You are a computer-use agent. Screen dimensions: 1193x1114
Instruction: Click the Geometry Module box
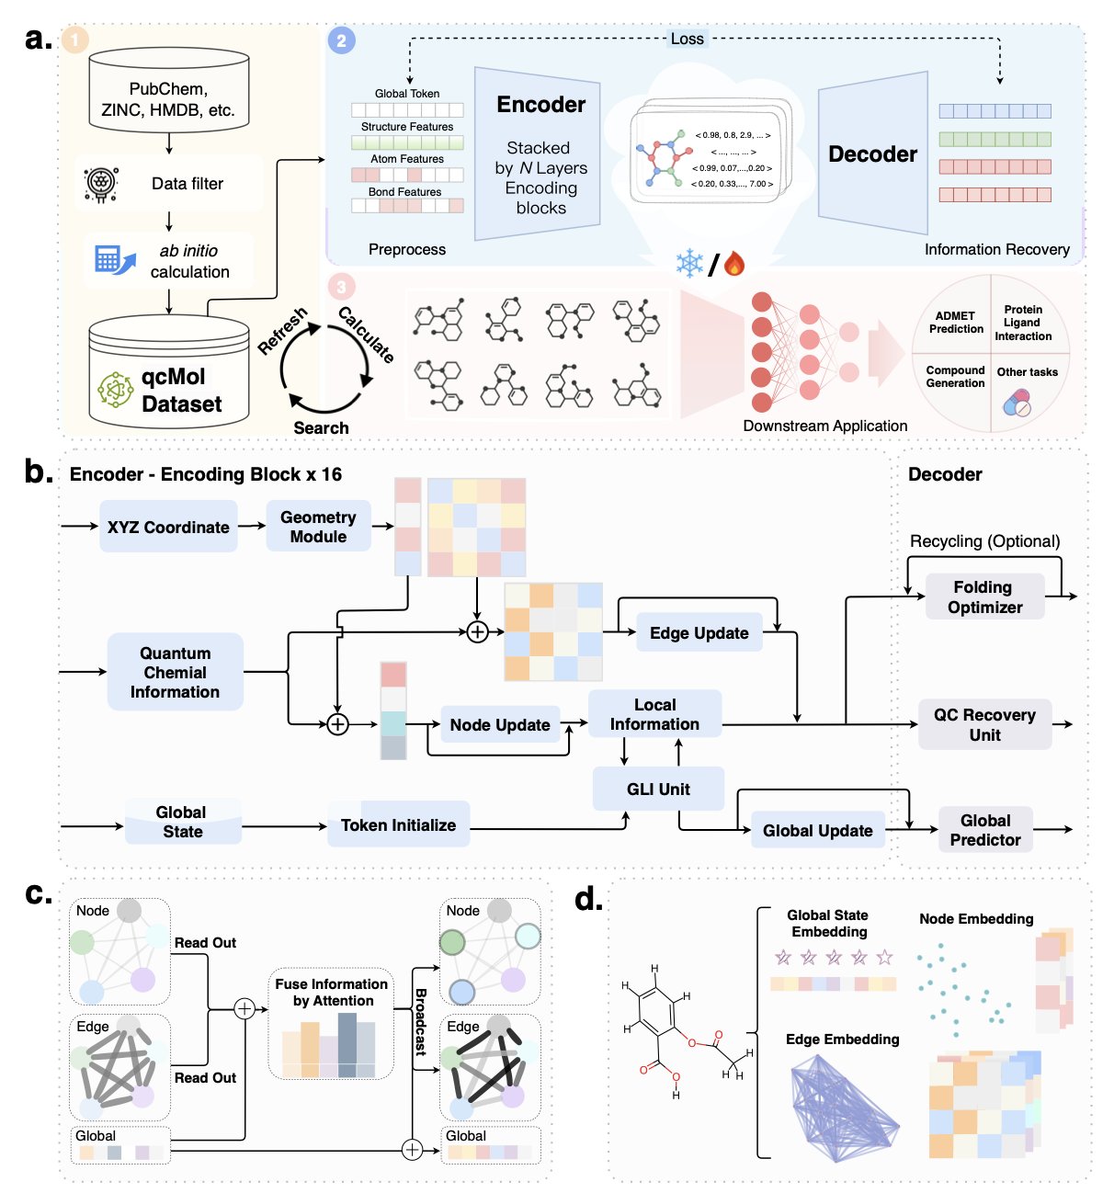tap(318, 527)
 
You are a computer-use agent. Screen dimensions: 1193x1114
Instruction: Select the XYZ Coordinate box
tap(168, 527)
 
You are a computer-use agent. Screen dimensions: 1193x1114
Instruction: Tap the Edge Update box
tap(699, 632)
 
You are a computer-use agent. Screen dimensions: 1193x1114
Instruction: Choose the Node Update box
tap(499, 725)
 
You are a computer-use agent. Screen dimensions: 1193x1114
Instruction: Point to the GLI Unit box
tap(658, 789)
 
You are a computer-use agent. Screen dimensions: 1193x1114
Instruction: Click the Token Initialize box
tap(398, 824)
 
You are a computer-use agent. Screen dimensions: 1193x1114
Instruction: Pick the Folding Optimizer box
tap(984, 596)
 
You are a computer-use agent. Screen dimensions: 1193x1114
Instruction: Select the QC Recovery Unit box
tap(984, 724)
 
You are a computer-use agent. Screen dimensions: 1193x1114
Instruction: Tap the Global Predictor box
tap(984, 830)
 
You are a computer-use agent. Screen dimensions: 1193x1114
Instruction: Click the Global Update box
tap(817, 830)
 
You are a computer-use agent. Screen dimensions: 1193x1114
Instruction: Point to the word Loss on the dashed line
tap(687, 39)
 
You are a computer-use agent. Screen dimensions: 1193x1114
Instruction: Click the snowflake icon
tap(689, 264)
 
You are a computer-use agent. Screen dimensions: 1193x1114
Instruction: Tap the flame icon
tap(733, 264)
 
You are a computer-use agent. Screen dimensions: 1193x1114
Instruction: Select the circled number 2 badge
tap(342, 40)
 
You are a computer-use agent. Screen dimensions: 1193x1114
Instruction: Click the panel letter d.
tap(588, 898)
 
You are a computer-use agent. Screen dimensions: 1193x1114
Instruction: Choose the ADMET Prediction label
tap(956, 323)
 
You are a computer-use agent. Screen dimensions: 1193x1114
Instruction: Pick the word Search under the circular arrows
tap(321, 427)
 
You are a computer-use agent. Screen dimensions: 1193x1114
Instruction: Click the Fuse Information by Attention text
tap(331, 993)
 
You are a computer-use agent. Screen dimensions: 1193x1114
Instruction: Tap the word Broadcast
tap(421, 1021)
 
